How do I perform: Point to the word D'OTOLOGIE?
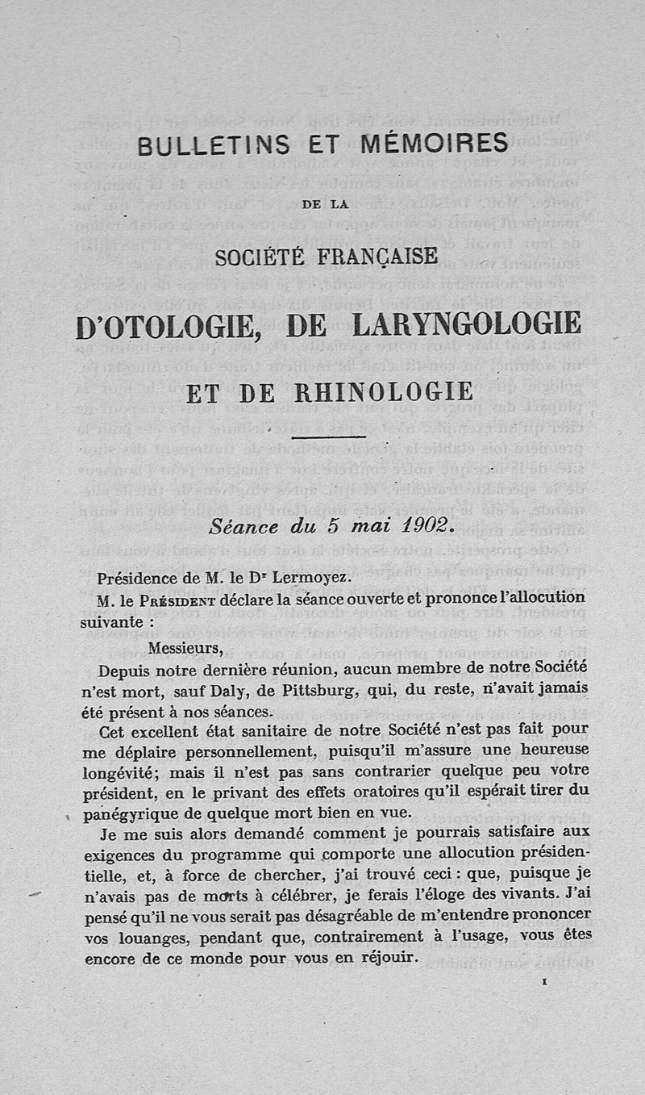click(170, 324)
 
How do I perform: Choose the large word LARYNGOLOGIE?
click(467, 324)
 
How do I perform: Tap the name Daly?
click(229, 689)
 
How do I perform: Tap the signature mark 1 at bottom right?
click(546, 984)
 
